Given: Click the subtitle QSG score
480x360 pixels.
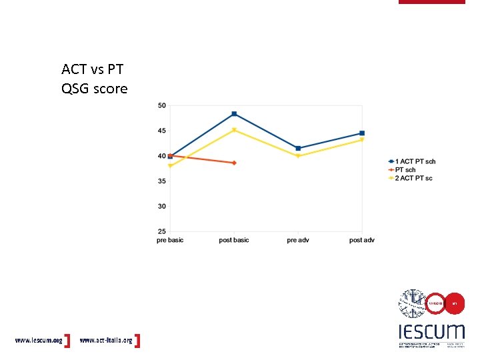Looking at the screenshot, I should (94, 89).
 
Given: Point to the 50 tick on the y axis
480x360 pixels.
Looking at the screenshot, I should (162, 105).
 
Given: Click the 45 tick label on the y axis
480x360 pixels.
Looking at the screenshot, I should (162, 131).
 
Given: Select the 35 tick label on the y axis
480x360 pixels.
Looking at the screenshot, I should (162, 181).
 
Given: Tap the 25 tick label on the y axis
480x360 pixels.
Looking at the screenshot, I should (162, 231).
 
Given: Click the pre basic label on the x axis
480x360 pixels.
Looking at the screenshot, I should (170, 240).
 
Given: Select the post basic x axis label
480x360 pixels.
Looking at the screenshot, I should (234, 240).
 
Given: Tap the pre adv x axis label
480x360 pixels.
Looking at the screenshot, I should (298, 240).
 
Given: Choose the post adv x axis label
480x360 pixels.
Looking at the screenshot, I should (362, 240).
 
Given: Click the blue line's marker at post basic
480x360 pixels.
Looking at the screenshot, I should (234, 114).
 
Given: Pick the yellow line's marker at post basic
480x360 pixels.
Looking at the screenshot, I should (234, 130).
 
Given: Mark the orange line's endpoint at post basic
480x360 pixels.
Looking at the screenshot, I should (234, 163).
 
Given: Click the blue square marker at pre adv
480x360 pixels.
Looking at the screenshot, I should (298, 148).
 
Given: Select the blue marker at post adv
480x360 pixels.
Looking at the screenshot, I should (362, 133).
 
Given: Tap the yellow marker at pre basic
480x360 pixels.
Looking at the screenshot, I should (171, 166).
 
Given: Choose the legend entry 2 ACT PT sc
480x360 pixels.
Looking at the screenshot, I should (414, 178).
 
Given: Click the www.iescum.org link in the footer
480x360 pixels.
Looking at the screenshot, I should (39, 340).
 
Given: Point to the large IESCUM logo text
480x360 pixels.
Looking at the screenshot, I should (431, 331).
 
